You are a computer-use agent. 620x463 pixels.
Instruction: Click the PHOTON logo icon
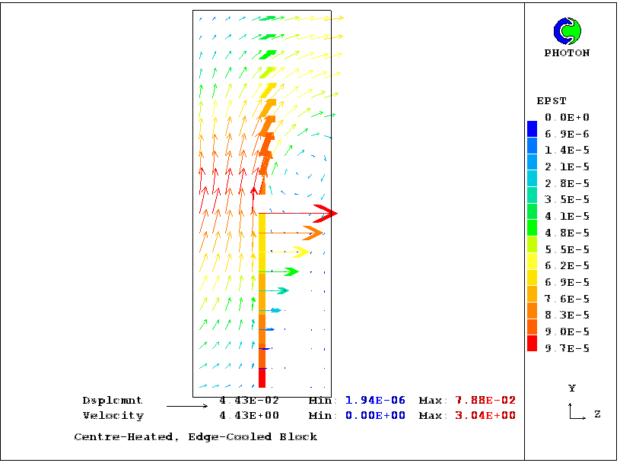pos(567,31)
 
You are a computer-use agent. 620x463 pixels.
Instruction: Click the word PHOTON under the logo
pos(567,53)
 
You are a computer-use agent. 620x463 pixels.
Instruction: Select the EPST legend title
pos(552,101)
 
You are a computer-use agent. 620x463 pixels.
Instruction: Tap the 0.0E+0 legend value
pos(567,117)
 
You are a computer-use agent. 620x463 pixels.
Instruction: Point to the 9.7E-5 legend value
pos(567,348)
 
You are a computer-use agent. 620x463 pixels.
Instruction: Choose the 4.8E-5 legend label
pos(567,233)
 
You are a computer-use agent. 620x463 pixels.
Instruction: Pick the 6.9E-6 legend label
pos(567,134)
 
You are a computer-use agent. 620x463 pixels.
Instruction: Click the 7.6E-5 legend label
pos(567,299)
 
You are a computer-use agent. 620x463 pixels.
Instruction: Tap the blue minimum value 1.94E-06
pos(375,400)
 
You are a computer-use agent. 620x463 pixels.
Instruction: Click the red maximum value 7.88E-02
pos(485,400)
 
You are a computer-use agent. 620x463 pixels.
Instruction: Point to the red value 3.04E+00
pos(485,416)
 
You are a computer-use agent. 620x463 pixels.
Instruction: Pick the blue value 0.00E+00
pos(375,416)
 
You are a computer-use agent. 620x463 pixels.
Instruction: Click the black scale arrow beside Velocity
pos(186,407)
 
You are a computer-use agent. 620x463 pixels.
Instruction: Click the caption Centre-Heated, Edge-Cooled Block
pos(196,437)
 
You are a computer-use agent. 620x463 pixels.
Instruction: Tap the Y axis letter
pos(571,388)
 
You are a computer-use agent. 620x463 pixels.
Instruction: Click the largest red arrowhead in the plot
pos(326,214)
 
